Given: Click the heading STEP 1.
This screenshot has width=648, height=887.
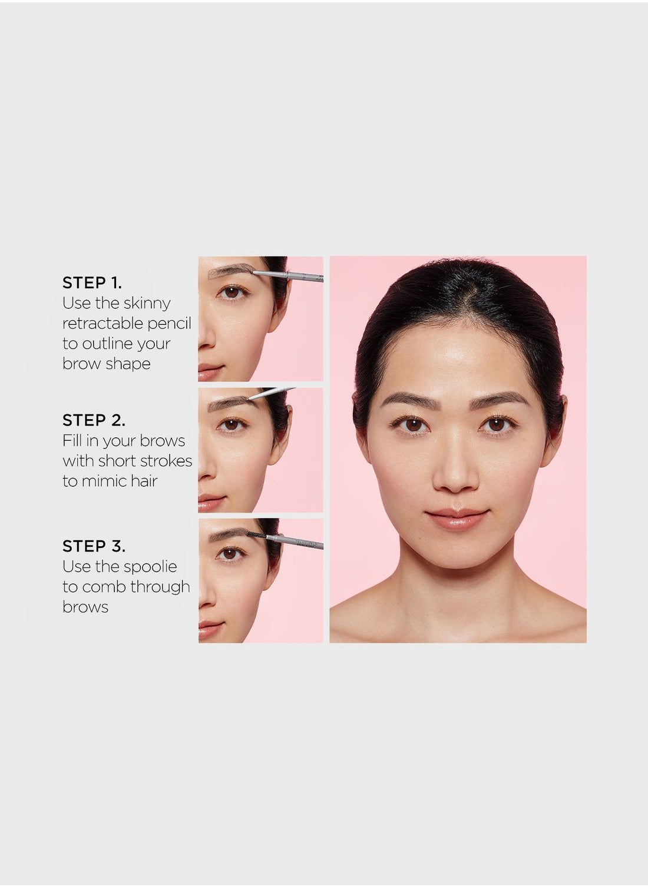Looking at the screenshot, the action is click(x=92, y=283).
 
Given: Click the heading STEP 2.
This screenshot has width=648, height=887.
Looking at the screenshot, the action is click(x=94, y=420).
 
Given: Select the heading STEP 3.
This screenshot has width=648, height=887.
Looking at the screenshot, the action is click(x=94, y=546).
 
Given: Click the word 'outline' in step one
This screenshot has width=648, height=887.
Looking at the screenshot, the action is click(x=107, y=344).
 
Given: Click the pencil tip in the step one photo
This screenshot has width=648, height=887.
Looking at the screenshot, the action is click(x=253, y=272).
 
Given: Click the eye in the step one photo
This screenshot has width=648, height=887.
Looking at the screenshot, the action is click(x=232, y=293).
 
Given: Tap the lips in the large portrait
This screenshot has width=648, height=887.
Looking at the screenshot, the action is click(x=457, y=519).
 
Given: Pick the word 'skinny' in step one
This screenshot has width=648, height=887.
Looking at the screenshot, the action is click(x=147, y=304).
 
